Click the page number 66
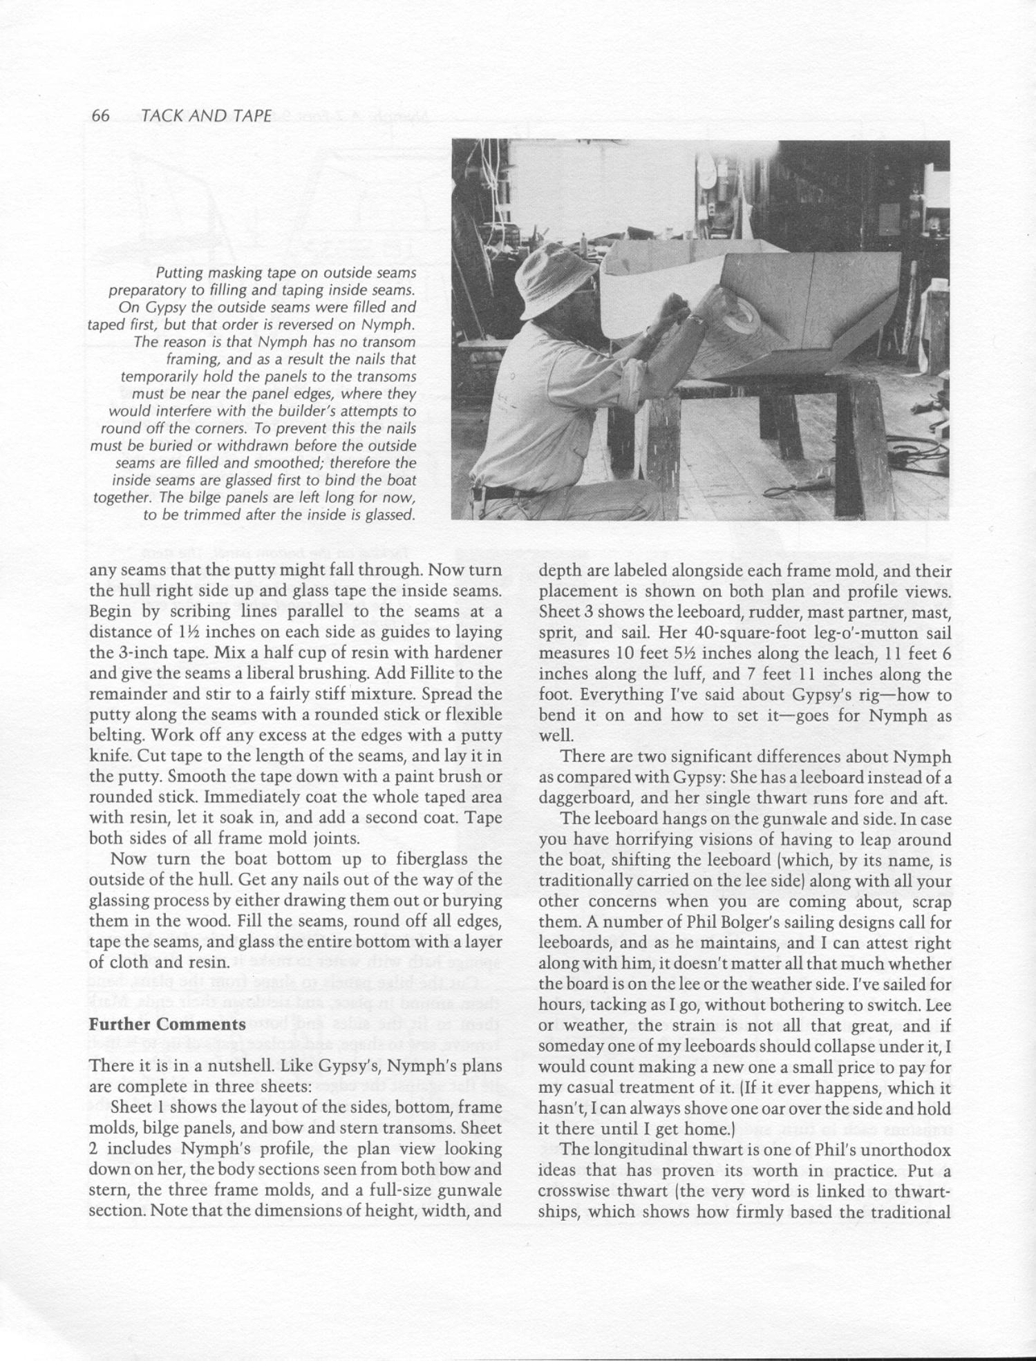(101, 116)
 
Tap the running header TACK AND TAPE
(206, 116)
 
